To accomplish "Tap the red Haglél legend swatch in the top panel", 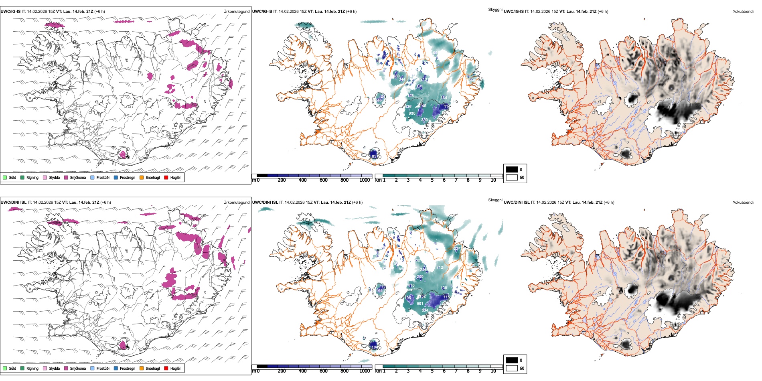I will [x=166, y=177].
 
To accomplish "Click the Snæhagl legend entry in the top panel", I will [x=149, y=177].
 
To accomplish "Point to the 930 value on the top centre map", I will [x=412, y=113].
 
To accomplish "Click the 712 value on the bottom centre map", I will [x=440, y=268].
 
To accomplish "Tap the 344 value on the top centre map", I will [x=402, y=79].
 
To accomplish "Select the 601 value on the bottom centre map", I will [x=420, y=304].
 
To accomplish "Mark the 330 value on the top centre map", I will [x=424, y=120].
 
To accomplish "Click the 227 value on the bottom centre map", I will [x=457, y=249].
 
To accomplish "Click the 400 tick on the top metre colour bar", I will [x=303, y=180].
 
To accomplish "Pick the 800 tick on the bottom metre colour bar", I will [x=345, y=371].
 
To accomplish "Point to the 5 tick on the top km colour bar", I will [x=432, y=180].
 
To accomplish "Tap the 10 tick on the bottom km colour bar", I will [x=493, y=371].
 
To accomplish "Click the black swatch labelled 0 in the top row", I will [x=512, y=170].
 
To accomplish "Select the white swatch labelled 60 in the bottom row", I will [x=512, y=368].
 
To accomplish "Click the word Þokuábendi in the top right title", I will [x=743, y=12].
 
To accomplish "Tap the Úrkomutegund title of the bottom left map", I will [x=236, y=203].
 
